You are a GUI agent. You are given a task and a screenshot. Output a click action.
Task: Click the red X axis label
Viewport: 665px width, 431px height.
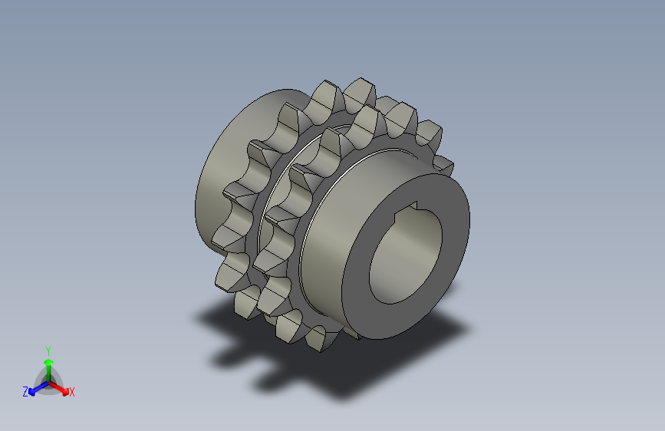coord(72,392)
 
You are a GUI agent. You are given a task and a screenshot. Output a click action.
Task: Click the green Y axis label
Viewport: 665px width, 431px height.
coord(48,349)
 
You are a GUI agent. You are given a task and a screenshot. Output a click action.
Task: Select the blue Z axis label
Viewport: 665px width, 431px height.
coord(25,392)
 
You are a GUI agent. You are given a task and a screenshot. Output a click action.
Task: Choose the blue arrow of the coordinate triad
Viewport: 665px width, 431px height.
coord(35,388)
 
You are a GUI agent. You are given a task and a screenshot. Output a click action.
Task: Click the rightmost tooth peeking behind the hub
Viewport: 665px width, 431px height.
coord(443,165)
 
